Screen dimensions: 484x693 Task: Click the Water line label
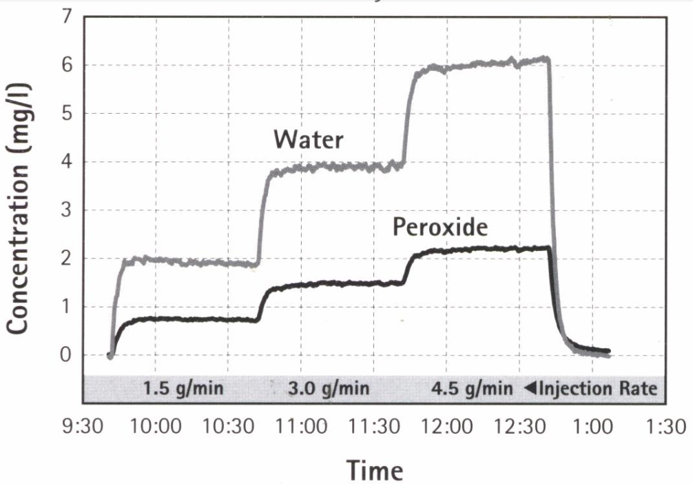(x=308, y=139)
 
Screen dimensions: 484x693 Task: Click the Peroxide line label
(x=439, y=227)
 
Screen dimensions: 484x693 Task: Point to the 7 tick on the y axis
(x=67, y=17)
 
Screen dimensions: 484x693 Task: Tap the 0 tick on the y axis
(x=67, y=356)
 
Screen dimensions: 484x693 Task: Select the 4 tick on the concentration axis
(x=67, y=163)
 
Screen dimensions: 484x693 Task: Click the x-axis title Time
(x=374, y=470)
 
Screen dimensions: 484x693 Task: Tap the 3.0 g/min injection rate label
(x=328, y=389)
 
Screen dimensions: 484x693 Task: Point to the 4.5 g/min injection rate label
(x=472, y=389)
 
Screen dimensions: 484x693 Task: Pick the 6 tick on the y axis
(x=67, y=66)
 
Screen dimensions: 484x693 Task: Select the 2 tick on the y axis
(x=67, y=259)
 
